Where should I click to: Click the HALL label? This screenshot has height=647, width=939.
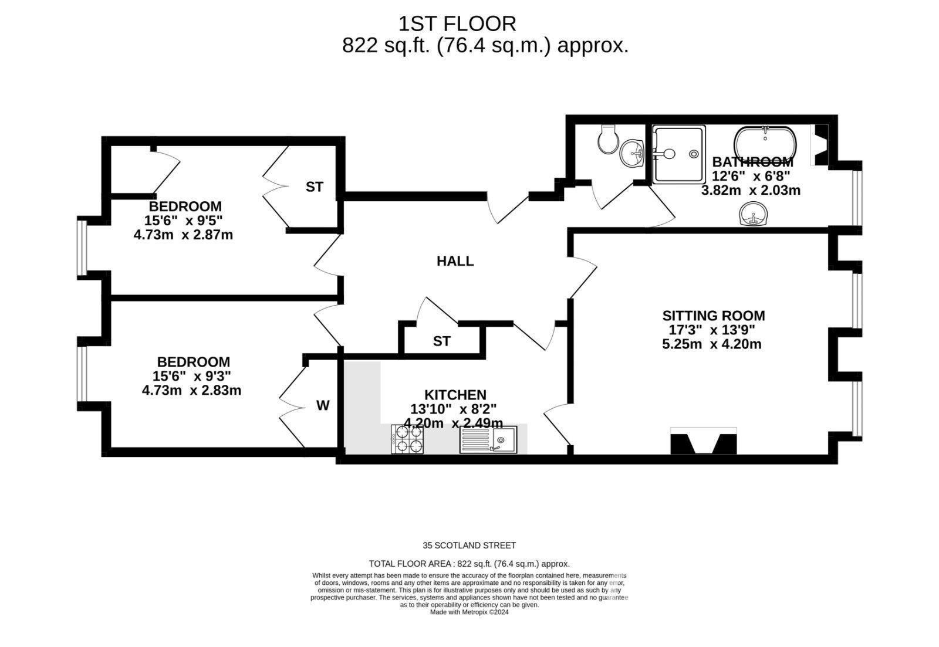[x=455, y=261]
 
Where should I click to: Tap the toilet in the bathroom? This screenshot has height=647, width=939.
[x=607, y=138]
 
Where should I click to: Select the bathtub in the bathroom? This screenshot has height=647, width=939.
[x=765, y=143]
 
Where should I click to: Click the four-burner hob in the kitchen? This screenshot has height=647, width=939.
[x=407, y=439]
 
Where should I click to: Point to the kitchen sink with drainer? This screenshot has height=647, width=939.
[x=488, y=439]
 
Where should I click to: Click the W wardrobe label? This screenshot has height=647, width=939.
[x=322, y=405]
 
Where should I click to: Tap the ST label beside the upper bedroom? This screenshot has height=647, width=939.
[x=315, y=187]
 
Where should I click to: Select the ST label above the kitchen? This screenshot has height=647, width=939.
[x=441, y=341]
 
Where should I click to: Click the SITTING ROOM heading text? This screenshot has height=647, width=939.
[x=714, y=316]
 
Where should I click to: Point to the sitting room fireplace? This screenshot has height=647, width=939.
[x=704, y=441]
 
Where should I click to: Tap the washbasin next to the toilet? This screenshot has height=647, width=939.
[x=631, y=153]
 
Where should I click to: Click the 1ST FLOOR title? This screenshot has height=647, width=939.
[x=457, y=24]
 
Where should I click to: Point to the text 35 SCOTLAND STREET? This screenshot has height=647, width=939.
[x=469, y=546]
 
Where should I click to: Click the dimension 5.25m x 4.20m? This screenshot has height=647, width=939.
[x=712, y=344]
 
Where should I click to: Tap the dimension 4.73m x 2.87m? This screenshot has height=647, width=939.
[x=183, y=235]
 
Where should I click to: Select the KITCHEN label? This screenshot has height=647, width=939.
[x=455, y=395]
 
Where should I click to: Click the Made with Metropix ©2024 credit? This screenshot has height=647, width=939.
[x=469, y=612]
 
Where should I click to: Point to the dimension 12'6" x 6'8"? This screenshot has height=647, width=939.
[x=751, y=175]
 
